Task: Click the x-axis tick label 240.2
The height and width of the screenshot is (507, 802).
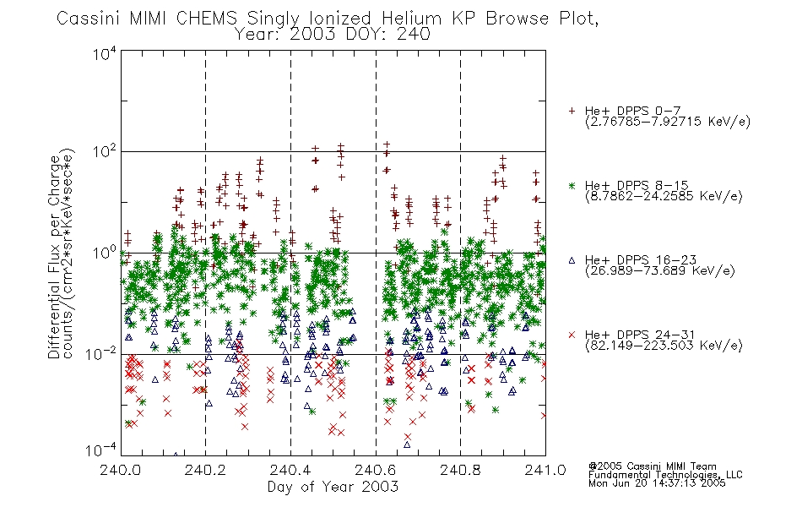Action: coord(205,470)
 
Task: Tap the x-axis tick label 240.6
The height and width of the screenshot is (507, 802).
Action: coord(376,470)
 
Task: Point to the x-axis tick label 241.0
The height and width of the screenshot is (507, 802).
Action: coord(545,470)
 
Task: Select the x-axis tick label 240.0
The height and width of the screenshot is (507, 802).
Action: coord(121,470)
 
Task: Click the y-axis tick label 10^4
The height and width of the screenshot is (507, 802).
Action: coord(105,54)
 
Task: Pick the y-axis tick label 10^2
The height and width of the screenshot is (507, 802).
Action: coord(105,152)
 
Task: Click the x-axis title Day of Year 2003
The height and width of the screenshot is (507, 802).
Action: coord(333,487)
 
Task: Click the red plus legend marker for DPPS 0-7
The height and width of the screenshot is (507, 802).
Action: coord(572,111)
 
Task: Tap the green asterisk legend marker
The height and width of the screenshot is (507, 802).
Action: coord(572,185)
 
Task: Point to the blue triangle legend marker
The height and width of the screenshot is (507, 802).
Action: coord(572,260)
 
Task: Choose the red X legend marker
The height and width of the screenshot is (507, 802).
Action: coord(572,335)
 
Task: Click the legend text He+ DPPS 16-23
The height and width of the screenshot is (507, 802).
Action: coord(641,260)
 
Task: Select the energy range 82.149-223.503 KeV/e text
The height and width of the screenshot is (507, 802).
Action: coord(664,346)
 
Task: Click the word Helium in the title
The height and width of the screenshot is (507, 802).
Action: coord(412,19)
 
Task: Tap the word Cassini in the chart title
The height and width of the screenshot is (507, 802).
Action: coord(88,19)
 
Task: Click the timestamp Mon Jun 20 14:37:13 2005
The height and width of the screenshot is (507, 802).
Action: coord(657,483)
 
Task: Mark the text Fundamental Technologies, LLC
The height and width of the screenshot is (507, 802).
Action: coord(665,475)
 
